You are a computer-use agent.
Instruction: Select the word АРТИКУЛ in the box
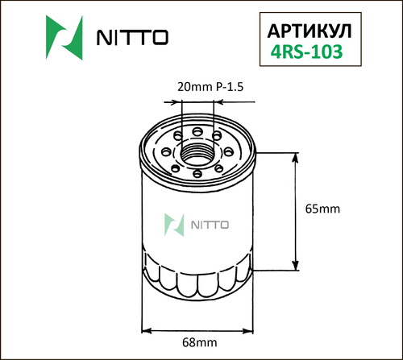tap(309, 30)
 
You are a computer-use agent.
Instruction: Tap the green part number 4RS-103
tap(309, 52)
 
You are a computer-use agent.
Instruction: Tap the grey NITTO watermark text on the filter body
tap(209, 223)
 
